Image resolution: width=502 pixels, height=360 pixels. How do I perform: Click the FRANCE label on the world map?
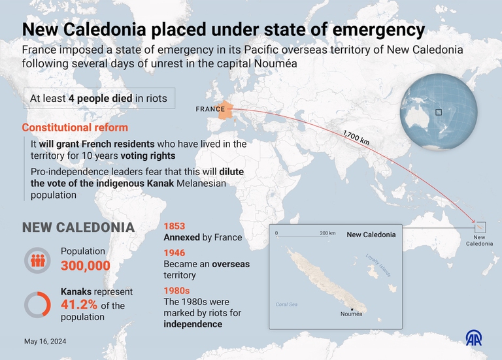coord(210,109)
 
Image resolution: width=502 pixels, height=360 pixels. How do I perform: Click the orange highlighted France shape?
coord(226,111)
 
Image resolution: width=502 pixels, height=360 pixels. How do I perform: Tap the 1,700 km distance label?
coord(356,137)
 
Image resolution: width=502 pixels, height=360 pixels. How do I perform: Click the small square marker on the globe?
coord(439,112)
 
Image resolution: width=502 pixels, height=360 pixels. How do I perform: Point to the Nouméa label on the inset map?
coord(352,314)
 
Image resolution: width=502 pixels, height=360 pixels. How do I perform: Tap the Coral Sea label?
coord(286,304)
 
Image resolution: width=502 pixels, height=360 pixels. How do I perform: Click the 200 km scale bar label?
coord(327,233)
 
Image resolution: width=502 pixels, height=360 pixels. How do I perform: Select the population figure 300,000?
coord(86,265)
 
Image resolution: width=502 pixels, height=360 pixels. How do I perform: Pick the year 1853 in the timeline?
coord(175,225)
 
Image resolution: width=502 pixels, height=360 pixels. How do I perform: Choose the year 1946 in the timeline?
coord(175,253)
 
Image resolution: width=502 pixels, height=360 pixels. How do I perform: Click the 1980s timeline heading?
coord(176,291)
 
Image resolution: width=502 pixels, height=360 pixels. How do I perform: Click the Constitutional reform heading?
coord(75,127)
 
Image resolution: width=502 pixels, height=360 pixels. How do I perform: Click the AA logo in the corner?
coord(474,338)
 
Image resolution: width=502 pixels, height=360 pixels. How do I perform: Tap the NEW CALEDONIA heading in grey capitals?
coord(78,227)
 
